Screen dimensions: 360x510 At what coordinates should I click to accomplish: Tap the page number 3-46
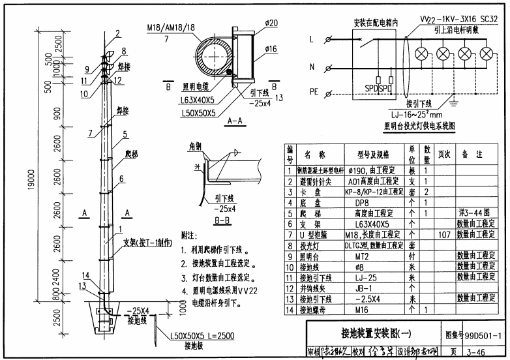point(483,352)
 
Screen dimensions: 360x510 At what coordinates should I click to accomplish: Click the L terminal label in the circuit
point(311,39)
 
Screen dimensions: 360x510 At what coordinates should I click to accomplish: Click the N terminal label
point(311,67)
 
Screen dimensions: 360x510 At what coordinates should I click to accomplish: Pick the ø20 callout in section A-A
point(271,23)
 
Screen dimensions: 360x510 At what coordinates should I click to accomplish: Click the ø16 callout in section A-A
point(271,49)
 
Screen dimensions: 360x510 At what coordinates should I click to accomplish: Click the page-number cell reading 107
point(445,235)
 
